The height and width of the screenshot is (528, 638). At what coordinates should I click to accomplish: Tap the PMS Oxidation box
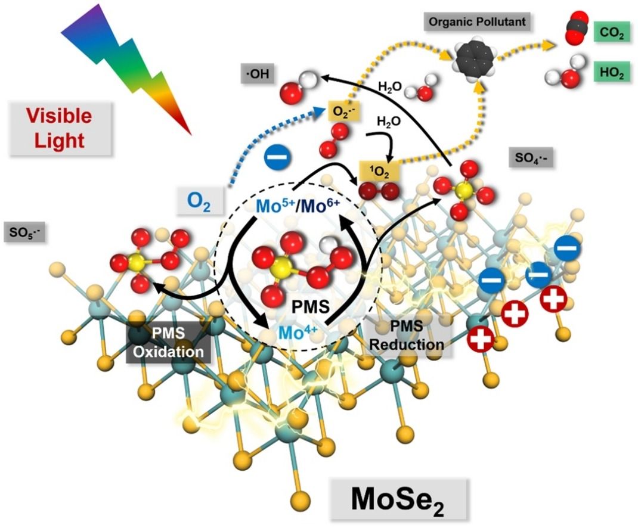pyautogui.click(x=169, y=344)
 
